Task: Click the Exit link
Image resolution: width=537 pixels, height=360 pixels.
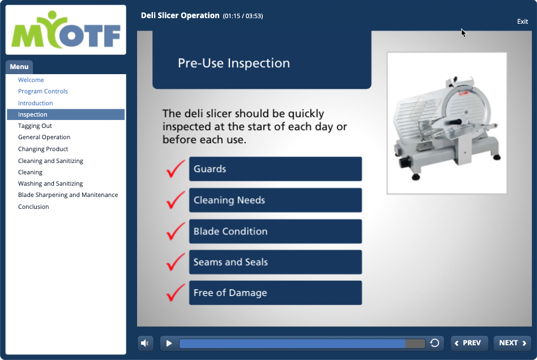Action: coord(522,22)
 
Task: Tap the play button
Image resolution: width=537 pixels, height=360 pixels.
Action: coord(169,343)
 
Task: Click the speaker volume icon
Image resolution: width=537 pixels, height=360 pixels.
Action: coord(145,343)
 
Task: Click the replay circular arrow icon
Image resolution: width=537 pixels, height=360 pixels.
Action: coord(434,343)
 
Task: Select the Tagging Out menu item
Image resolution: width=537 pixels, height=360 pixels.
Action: coord(35,126)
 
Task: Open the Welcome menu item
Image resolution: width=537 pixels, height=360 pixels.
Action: coord(31,80)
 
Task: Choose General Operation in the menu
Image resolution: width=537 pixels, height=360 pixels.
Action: coord(44,137)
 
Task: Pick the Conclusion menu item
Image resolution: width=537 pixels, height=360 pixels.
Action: coord(33,207)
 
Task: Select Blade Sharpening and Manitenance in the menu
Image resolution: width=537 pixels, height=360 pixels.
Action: coord(68,195)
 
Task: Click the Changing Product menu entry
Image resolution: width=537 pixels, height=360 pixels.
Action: coord(43,149)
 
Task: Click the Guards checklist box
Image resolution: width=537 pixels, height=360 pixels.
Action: coord(275,169)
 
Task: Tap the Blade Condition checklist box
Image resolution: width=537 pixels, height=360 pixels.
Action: coord(275,232)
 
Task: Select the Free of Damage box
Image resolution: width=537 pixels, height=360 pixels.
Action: coord(275,293)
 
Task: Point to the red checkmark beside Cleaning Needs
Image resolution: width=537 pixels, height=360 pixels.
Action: coord(176,200)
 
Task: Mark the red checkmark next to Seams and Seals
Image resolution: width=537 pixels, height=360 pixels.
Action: coord(176,262)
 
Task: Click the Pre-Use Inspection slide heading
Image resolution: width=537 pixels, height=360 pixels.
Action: coord(234,63)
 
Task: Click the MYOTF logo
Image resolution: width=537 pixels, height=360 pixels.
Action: coord(66,30)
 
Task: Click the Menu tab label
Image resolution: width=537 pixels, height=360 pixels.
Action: coord(19,67)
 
